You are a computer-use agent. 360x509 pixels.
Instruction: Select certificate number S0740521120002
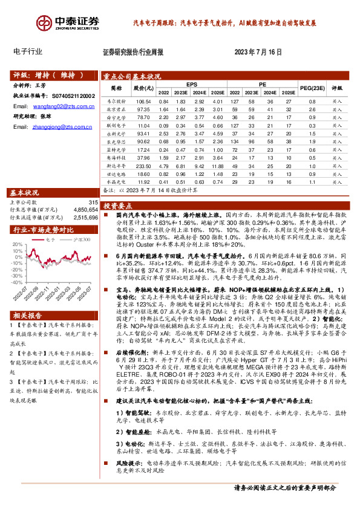click(x=70, y=96)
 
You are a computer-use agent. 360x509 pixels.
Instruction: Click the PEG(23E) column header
click(x=312, y=88)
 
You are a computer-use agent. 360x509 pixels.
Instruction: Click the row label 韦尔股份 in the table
click(x=115, y=101)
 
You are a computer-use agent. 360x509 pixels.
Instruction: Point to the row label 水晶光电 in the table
click(x=115, y=181)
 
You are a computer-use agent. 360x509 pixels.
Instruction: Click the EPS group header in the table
click(x=191, y=84)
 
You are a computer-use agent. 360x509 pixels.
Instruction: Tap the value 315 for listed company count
click(x=93, y=203)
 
